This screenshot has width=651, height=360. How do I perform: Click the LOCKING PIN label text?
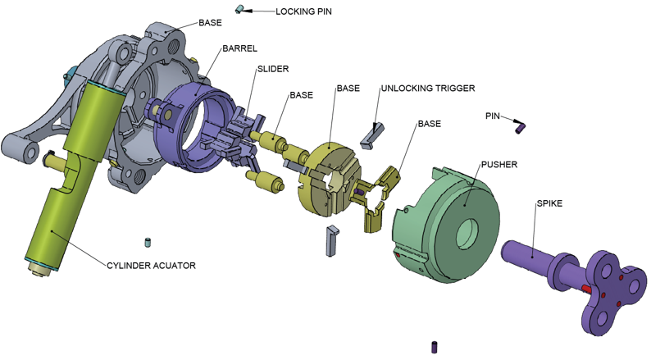(304, 12)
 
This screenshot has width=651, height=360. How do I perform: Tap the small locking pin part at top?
(240, 9)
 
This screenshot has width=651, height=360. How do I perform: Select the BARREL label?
(239, 49)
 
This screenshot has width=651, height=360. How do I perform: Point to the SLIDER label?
(273, 69)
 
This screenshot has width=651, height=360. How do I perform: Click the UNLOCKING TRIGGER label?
(427, 89)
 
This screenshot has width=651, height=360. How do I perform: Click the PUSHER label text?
(499, 165)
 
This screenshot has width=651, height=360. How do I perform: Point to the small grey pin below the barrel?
(148, 242)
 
